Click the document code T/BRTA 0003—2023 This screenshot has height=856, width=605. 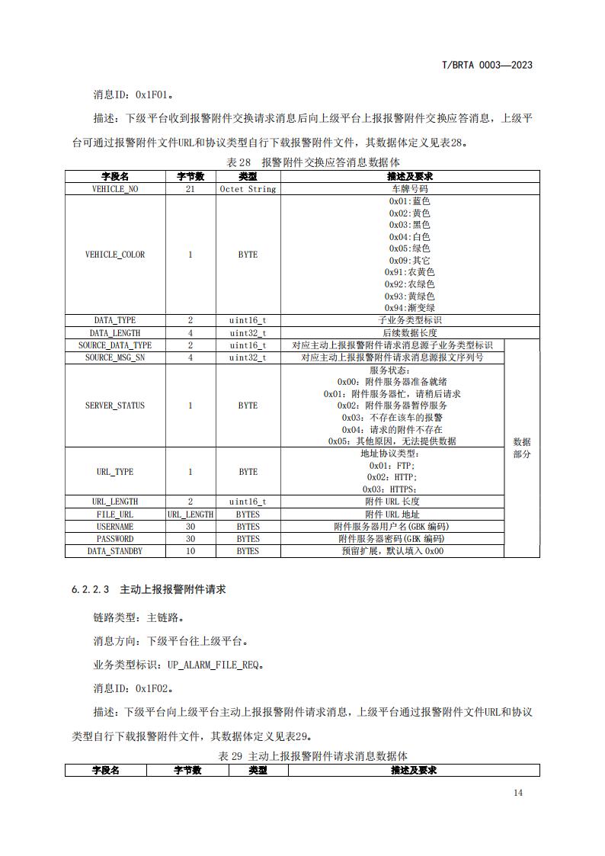point(487,65)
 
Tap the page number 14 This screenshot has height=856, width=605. point(518,793)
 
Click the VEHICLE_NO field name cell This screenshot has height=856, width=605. point(115,188)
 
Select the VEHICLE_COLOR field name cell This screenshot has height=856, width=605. point(115,255)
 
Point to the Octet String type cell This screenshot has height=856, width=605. point(248,188)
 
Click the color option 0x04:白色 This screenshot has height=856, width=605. point(410,237)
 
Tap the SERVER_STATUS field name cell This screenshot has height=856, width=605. point(115,406)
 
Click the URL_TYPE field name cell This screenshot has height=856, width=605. point(115,472)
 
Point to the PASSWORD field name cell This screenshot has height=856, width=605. point(115,538)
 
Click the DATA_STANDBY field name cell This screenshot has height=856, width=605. point(115,550)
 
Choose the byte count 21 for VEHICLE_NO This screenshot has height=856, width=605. point(190,188)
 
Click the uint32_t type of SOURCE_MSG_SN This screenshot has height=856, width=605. point(248,357)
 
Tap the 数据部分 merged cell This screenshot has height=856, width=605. point(522,447)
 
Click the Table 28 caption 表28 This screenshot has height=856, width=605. point(239,162)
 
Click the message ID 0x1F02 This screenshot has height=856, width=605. point(153,688)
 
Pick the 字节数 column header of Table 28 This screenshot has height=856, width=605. point(190,176)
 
